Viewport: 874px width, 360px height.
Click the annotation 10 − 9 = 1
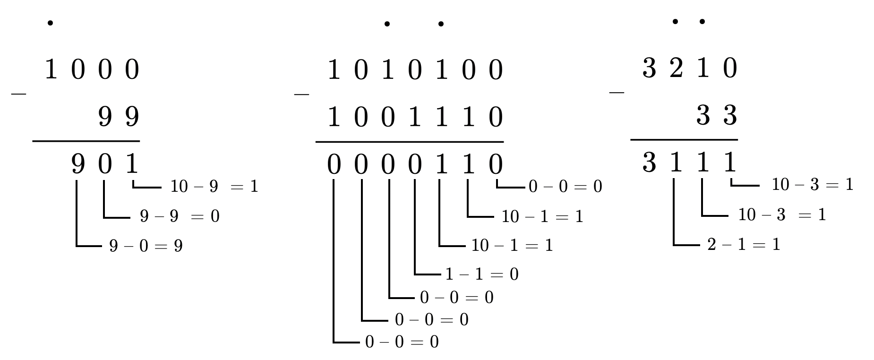[x=214, y=187]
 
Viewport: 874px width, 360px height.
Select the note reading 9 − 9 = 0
[x=180, y=216]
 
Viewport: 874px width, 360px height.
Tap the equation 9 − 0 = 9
[x=146, y=246]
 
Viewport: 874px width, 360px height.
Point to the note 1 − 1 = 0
[x=482, y=274]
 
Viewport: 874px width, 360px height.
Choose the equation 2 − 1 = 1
[x=744, y=245]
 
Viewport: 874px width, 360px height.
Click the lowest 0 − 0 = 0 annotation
[x=402, y=342]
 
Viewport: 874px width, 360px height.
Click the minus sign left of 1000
[x=18, y=94]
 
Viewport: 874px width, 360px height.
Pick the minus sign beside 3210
[x=617, y=92]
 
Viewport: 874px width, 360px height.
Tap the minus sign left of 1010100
[x=301, y=94]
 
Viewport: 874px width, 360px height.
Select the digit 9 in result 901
[x=78, y=164]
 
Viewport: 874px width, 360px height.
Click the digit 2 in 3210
[x=676, y=69]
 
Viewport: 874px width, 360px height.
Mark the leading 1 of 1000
[x=51, y=70]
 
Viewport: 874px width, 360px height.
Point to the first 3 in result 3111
[x=649, y=163]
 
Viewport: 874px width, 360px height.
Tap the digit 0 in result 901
[x=105, y=164]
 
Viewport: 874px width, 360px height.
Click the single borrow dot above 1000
[x=50, y=23]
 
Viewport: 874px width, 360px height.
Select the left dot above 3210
[x=675, y=21]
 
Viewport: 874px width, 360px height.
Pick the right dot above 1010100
[x=441, y=24]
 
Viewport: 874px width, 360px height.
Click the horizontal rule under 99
[x=86, y=141]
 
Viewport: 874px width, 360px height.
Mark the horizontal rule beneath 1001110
[x=409, y=141]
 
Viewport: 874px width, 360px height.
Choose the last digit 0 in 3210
[x=730, y=69]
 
